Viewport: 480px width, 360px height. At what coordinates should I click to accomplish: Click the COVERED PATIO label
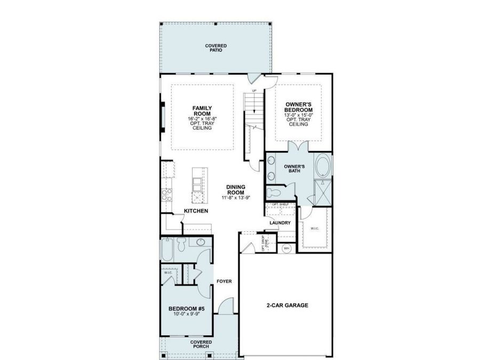pos(216,48)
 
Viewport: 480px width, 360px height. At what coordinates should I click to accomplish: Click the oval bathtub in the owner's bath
pos(323,166)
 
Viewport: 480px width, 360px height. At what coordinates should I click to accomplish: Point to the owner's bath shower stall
pos(323,193)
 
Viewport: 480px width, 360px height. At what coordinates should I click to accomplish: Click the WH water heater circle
pos(286,247)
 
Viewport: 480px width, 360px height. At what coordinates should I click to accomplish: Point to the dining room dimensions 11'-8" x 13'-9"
pos(236,197)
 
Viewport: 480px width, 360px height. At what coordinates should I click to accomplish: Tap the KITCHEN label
pos(196,211)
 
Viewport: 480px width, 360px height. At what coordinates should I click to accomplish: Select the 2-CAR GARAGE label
pos(287,306)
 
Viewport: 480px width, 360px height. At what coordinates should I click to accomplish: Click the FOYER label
pos(223,281)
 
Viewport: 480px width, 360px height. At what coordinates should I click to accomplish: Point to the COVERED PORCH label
pos(201,344)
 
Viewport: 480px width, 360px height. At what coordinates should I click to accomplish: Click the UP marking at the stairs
pos(254,91)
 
